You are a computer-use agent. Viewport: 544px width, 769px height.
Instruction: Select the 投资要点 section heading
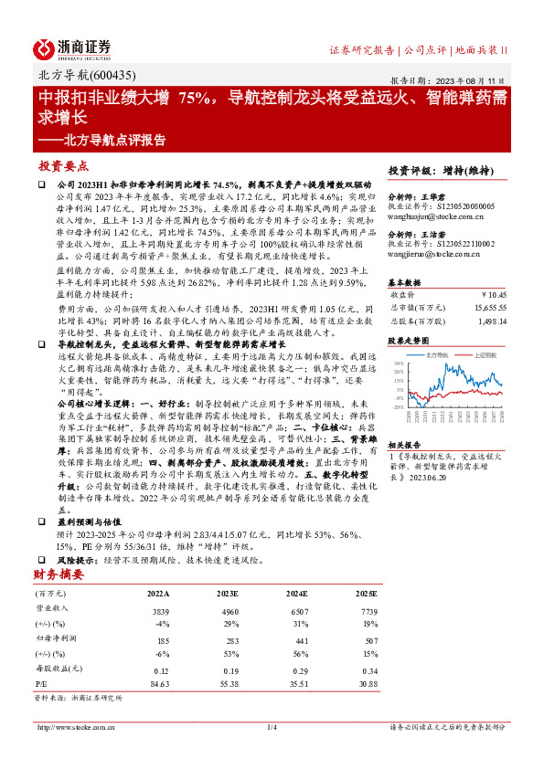coord(63,166)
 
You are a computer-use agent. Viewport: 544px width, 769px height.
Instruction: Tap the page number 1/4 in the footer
coord(272,727)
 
